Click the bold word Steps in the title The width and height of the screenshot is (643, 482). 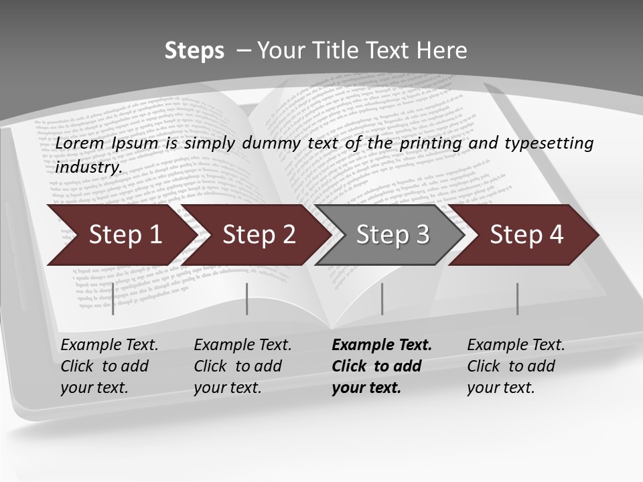point(194,51)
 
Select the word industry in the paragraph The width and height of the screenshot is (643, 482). point(88,167)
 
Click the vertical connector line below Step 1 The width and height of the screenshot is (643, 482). point(113,299)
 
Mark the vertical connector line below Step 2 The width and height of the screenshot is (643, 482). point(247,299)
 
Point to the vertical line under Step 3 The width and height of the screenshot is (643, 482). point(382,299)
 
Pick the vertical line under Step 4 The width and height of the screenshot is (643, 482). point(517,299)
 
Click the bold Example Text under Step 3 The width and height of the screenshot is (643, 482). point(382,345)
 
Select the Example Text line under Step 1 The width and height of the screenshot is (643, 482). point(109,345)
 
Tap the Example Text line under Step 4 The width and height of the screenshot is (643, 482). point(516,345)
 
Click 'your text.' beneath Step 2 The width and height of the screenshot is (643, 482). point(227,388)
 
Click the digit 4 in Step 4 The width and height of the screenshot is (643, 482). point(555,235)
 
